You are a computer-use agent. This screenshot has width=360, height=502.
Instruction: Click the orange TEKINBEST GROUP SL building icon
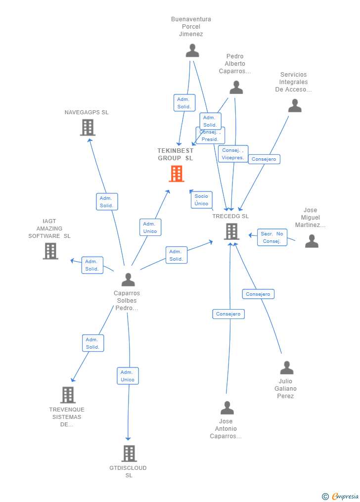[177, 174]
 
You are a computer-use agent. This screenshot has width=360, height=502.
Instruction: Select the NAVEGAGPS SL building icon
[88, 128]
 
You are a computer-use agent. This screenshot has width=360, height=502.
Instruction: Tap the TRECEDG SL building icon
[231, 231]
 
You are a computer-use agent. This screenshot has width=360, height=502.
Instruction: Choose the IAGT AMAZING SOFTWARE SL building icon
[50, 251]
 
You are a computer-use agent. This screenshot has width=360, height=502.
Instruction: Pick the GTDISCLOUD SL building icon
[129, 454]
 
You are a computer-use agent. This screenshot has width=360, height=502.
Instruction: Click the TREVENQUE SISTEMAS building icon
[68, 395]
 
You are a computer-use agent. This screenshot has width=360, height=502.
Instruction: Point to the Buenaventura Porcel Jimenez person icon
[192, 50]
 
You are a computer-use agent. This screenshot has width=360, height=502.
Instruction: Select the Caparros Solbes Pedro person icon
[128, 279]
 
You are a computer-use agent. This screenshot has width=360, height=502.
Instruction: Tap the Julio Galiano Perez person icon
[287, 368]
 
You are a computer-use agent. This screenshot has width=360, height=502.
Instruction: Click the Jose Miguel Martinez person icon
[312, 241]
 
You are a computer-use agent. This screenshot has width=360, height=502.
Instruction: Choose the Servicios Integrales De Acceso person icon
[295, 106]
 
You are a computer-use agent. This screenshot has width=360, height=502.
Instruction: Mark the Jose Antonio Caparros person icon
[227, 408]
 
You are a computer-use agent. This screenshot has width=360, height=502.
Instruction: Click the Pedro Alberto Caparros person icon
[236, 88]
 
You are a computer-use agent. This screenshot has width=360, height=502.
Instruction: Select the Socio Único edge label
[201, 200]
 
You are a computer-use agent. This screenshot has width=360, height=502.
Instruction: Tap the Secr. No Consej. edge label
[272, 237]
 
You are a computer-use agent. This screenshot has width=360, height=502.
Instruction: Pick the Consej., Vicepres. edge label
[233, 154]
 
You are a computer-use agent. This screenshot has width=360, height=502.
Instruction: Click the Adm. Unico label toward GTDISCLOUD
[128, 376]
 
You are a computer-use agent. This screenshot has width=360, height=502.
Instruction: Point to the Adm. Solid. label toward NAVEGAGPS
[107, 202]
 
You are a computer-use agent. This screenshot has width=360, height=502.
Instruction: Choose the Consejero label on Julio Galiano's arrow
[258, 294]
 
